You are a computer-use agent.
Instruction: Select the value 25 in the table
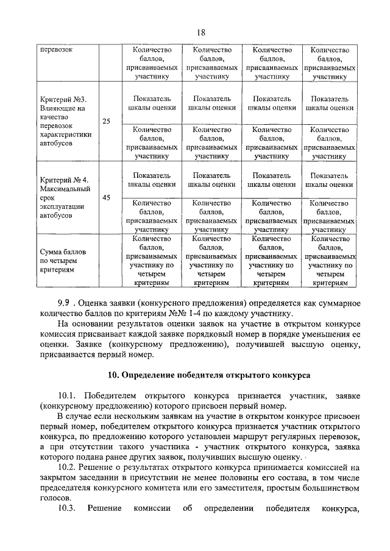[x=106, y=121]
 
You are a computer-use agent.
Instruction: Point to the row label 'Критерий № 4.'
[x=64, y=180]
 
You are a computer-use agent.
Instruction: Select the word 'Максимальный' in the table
[x=63, y=189]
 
